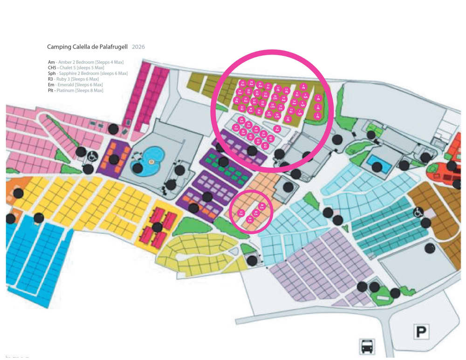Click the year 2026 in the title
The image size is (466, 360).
point(139,48)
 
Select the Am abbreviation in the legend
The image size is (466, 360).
point(51,62)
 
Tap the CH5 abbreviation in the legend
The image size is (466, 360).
point(52,68)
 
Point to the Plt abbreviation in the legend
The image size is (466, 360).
point(51,91)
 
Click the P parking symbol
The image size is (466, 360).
point(421,332)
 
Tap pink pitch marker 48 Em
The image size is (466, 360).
point(262,206)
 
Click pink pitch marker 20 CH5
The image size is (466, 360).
point(269,114)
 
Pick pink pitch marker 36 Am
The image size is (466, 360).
point(277,129)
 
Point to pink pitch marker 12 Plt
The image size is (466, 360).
point(288,119)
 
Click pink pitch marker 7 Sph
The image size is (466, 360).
point(300,112)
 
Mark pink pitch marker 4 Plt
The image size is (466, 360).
point(303,87)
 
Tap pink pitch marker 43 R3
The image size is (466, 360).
point(265,146)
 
